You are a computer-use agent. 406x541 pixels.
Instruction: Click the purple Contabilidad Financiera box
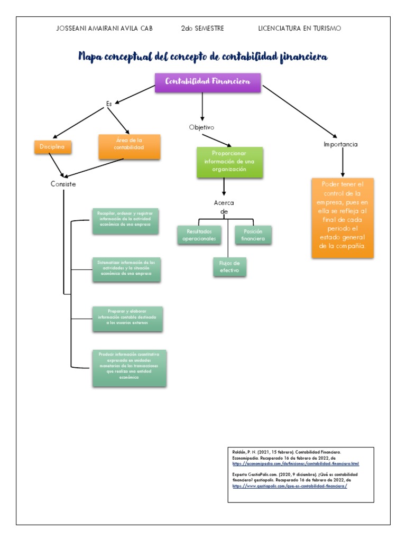coord(208,82)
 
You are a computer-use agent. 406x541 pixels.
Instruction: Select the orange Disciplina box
coord(52,147)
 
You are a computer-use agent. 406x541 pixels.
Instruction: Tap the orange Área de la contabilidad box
coord(129,146)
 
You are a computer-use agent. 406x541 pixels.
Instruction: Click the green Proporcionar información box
coord(229,162)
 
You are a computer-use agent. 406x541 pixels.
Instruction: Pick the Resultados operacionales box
coord(199,235)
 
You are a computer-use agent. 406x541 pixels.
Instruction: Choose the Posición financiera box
coord(253,235)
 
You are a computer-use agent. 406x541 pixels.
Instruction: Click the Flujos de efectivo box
coord(229,267)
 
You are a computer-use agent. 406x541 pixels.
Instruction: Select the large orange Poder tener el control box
coord(343,218)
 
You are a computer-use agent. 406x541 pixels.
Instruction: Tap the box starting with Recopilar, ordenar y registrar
coord(125,221)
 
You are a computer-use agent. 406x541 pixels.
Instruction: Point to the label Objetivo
coord(201,127)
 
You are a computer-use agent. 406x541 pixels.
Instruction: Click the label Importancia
coord(341,144)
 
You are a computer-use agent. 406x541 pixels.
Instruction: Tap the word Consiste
coord(63,184)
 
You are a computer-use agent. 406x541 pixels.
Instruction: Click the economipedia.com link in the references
coord(296,463)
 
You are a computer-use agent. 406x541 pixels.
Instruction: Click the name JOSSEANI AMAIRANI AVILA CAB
coord(104,29)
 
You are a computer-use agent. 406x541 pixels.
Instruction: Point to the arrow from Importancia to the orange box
coord(343,163)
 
